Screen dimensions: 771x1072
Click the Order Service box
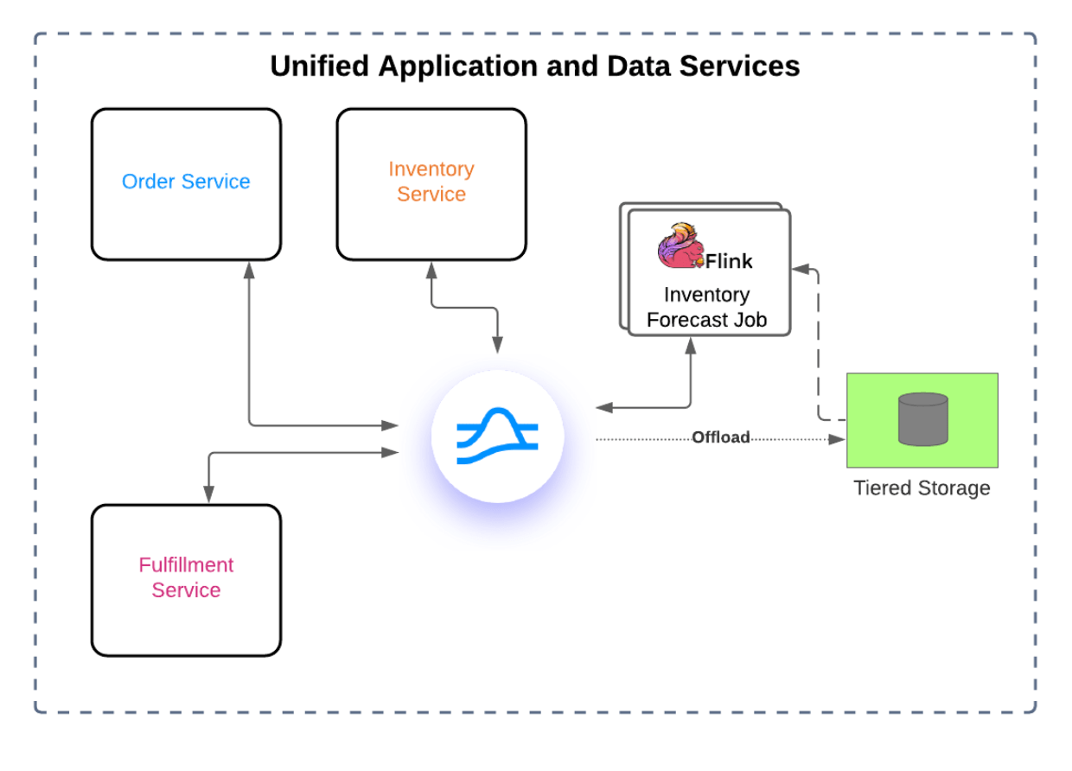pos(186,183)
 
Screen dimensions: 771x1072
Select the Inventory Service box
pos(431,182)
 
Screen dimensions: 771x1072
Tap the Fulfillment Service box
pos(186,578)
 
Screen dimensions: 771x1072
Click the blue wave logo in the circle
pos(497,436)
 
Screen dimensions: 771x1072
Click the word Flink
pos(729,261)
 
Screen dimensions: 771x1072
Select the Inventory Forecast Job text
pos(706,308)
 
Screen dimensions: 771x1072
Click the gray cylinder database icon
pos(922,419)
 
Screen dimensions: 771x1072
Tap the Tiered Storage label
pos(922,488)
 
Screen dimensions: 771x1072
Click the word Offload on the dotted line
pos(720,438)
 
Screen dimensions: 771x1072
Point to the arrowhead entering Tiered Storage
pos(837,439)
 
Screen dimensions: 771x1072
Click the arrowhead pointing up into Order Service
pos(249,269)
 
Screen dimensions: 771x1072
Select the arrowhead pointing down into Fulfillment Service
pos(208,494)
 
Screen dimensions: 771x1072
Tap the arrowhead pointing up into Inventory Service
pos(431,269)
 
